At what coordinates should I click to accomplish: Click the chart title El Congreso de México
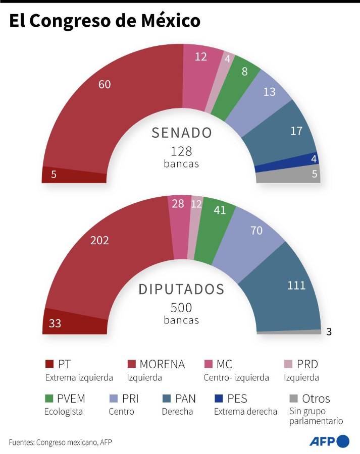pos(105,21)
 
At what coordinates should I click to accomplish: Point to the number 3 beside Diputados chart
pos(329,331)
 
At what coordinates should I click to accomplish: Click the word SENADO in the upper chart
pos(182,133)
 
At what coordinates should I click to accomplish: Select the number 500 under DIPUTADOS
pos(181,308)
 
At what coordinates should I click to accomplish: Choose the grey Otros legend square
pos(293,399)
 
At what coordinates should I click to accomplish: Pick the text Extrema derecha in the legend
pos(245,412)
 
